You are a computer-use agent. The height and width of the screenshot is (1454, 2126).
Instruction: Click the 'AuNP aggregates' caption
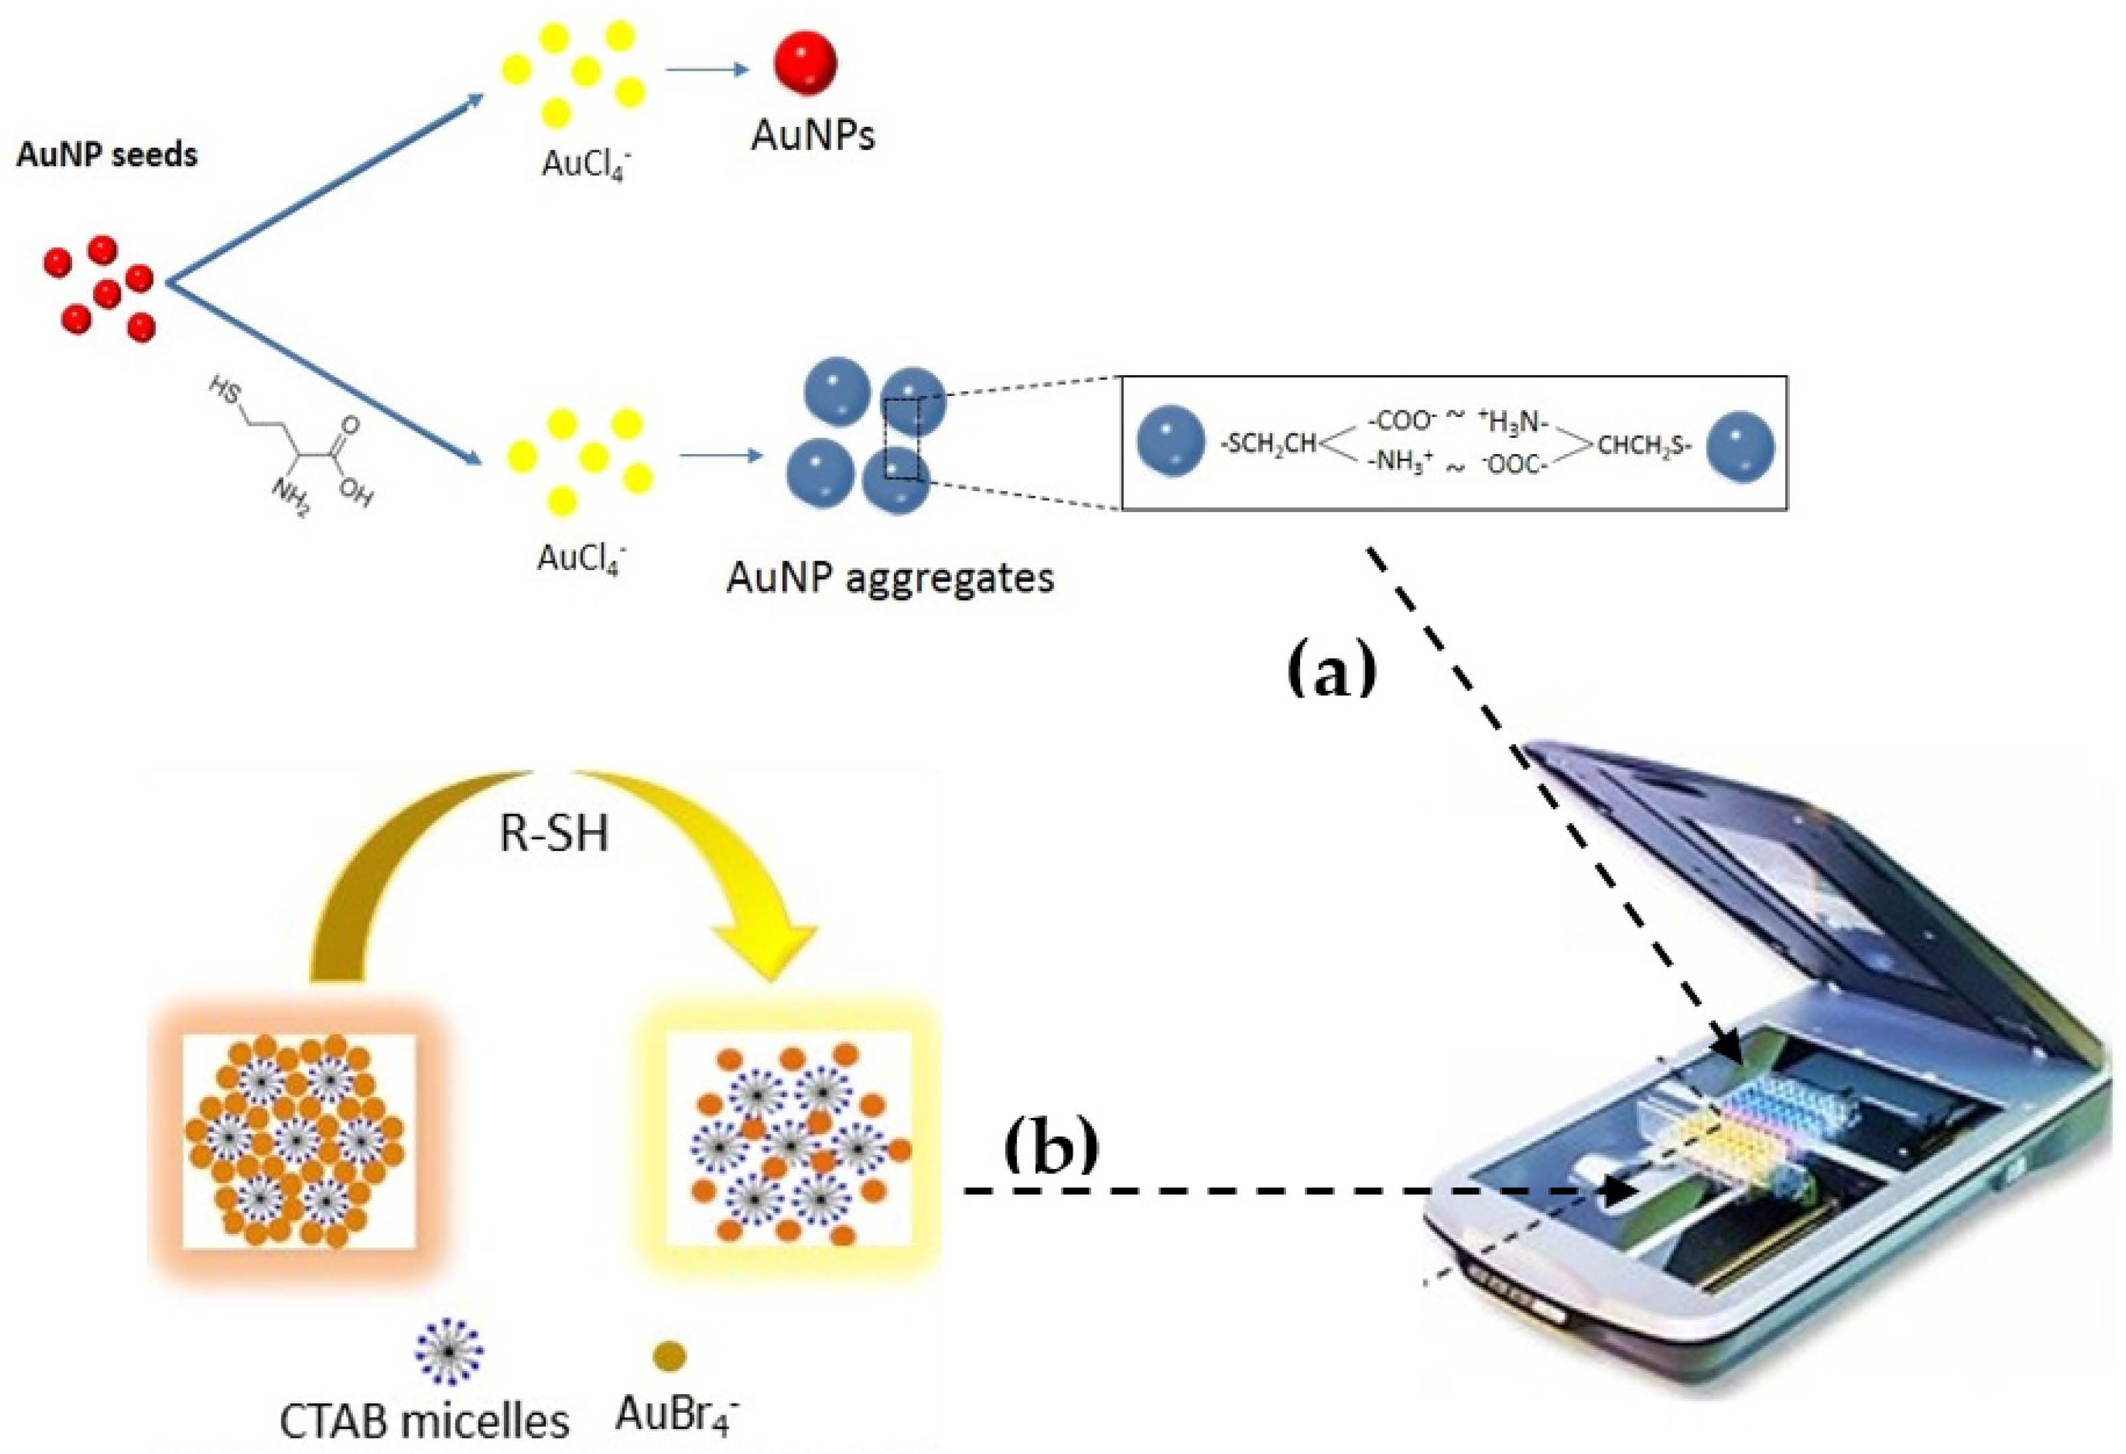pos(889,578)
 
